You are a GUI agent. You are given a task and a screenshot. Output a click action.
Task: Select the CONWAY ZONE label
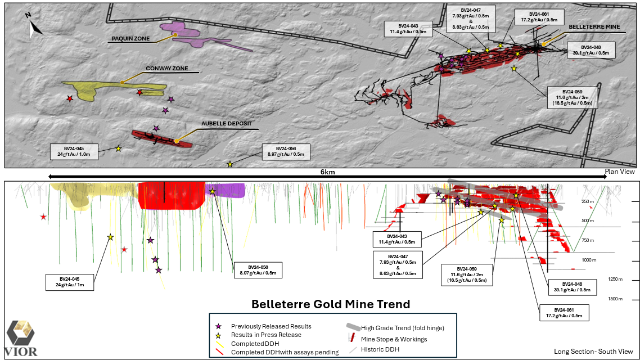click(x=166, y=69)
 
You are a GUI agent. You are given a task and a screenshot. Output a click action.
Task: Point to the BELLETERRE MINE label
click(x=594, y=26)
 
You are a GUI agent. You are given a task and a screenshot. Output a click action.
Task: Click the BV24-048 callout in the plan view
click(x=591, y=50)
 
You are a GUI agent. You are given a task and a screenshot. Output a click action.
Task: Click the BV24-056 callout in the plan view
click(x=286, y=151)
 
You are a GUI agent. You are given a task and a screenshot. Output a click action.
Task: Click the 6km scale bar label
click(x=328, y=172)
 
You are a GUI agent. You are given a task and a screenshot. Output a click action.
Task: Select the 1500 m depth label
click(x=615, y=299)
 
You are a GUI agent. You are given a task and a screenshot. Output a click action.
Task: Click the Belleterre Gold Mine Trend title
click(x=331, y=304)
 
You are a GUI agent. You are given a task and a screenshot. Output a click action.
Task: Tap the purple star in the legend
click(x=219, y=326)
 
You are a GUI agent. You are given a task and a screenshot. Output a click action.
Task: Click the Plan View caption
click(x=620, y=171)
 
